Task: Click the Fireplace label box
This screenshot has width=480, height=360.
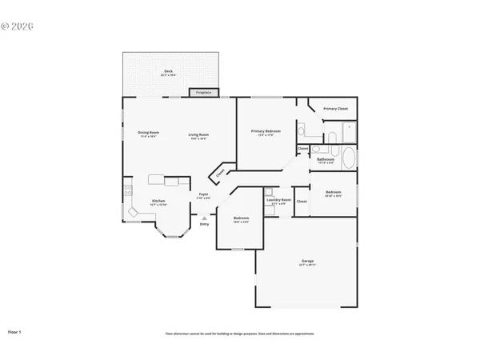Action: coord(204,93)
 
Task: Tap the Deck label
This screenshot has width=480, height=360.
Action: coord(169,73)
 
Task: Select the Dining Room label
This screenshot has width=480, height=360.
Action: coord(148,134)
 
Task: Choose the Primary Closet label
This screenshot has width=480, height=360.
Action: coord(335,108)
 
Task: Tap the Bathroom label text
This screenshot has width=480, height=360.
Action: coord(325,160)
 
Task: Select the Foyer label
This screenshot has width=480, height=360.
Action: coord(204,195)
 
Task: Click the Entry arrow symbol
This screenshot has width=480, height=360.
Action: coord(204,217)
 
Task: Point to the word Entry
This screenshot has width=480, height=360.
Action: coord(204,225)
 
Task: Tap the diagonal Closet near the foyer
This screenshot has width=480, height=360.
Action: coord(220,174)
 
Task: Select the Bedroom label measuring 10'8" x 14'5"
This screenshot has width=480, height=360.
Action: coord(241,219)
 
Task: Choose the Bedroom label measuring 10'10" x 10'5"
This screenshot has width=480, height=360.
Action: coord(333,193)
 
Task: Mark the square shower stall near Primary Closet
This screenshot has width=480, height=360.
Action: coord(349,130)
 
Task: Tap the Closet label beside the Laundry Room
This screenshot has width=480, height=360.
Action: coord(302,201)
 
